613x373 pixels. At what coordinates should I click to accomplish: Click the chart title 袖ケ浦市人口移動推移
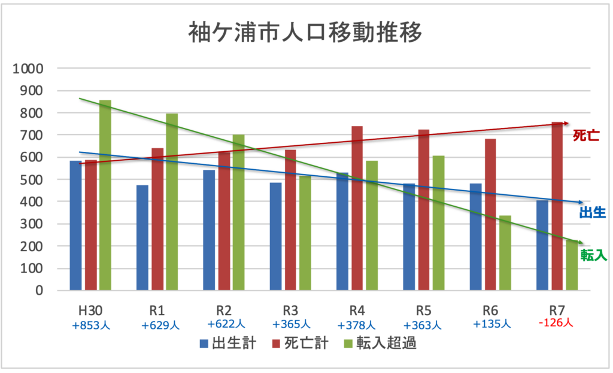[x=306, y=33]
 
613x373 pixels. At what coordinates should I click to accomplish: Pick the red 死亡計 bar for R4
[x=357, y=209]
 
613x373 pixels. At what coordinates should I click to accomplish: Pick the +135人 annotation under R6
[x=491, y=324]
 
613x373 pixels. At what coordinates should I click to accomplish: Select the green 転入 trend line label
[x=594, y=256]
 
